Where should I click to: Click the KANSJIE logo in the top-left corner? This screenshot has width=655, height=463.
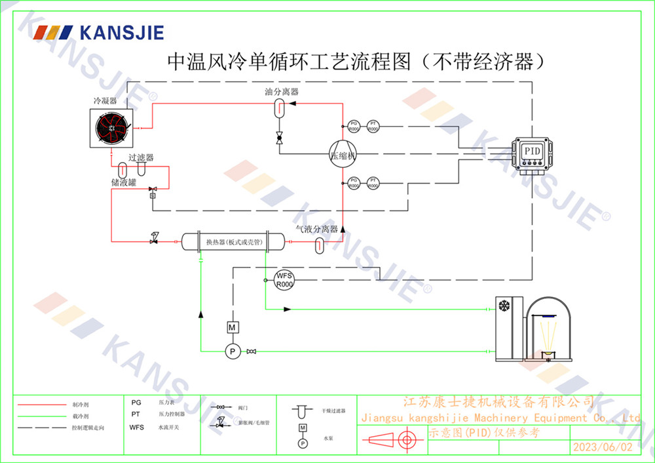[99, 33]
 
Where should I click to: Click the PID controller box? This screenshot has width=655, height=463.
[532, 151]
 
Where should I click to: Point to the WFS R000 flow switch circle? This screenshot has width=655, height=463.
[284, 280]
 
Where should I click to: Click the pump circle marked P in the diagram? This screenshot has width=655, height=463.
[231, 352]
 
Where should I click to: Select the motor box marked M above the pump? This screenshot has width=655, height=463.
[231, 327]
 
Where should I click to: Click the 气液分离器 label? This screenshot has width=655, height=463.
[316, 230]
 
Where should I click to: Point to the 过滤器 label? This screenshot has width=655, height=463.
[141, 158]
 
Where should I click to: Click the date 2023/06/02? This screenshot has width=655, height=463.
[603, 447]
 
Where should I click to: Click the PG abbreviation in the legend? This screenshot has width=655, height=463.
[136, 403]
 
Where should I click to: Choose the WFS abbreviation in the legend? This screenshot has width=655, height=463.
[137, 428]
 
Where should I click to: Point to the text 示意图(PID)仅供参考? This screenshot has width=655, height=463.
[485, 433]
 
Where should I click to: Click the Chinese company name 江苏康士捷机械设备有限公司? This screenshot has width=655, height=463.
[498, 401]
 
